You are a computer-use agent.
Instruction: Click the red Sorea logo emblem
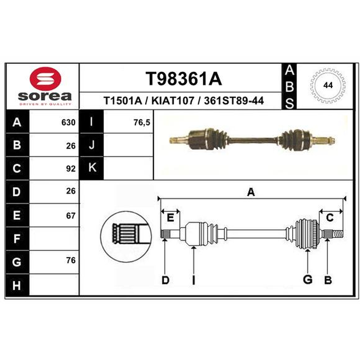point(45,79)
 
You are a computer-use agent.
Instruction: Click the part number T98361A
point(184,79)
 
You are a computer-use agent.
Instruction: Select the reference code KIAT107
point(173,100)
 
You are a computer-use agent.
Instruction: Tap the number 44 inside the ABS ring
point(328,85)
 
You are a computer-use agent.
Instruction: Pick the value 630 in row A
point(68,122)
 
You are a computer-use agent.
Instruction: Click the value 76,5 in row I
point(142,122)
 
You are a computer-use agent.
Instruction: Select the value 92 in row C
point(71,169)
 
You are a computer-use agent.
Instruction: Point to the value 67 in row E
point(71,216)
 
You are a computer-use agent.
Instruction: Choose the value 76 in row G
point(71,261)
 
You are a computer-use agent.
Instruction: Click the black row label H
point(17,286)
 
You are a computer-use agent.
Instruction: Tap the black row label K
point(92,168)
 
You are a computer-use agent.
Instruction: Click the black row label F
point(17,239)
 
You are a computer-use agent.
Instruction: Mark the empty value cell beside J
point(128,145)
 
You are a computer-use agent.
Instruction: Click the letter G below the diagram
point(307,279)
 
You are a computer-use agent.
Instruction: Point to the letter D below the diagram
point(165,280)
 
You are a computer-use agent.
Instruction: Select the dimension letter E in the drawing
point(170,217)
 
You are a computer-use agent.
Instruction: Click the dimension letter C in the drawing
point(330,217)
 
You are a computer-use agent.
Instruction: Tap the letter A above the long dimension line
point(251,192)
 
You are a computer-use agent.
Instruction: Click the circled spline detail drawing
point(126,237)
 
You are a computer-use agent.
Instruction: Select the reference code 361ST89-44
point(234,100)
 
